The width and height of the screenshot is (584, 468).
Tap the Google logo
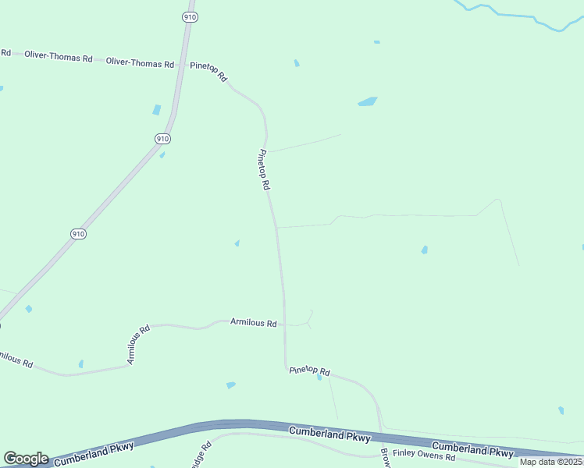(x=26, y=459)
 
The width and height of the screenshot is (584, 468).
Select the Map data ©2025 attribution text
(x=551, y=462)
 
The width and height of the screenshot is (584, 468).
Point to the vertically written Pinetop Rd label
(x=264, y=170)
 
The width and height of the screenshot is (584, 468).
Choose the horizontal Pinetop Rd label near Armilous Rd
(x=310, y=372)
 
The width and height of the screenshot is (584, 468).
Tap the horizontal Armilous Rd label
(x=254, y=322)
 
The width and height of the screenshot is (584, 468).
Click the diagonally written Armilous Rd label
(x=138, y=345)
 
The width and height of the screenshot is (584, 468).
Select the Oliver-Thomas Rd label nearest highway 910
(x=140, y=62)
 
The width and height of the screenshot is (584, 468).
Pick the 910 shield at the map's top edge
(x=189, y=16)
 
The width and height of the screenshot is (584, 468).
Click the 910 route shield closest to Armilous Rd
(x=78, y=233)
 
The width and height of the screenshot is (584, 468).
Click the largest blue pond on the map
(x=367, y=101)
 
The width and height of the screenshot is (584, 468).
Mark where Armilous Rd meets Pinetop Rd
(x=285, y=324)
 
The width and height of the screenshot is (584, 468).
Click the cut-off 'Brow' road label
(x=384, y=458)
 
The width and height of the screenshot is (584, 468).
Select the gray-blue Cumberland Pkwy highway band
(x=234, y=425)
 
